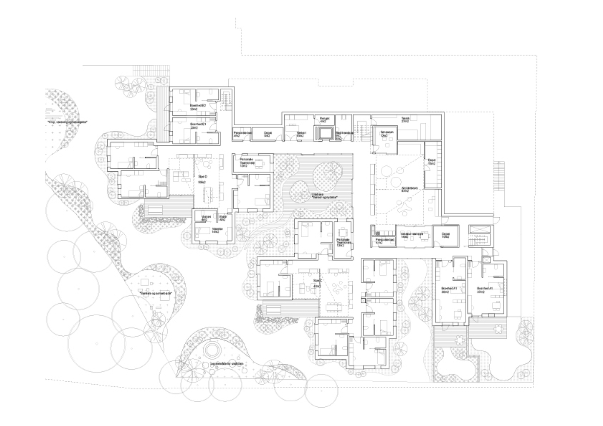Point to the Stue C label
[x=317, y=283]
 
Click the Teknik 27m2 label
[x=405, y=120]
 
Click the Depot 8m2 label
[x=268, y=134]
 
